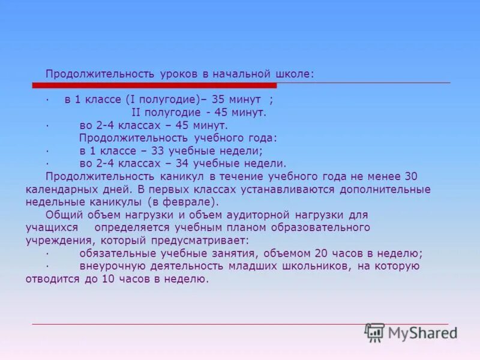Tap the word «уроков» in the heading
[179, 74]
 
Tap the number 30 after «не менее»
[411, 176]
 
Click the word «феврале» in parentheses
[193, 202]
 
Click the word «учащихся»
[52, 228]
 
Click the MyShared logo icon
[375, 333]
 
